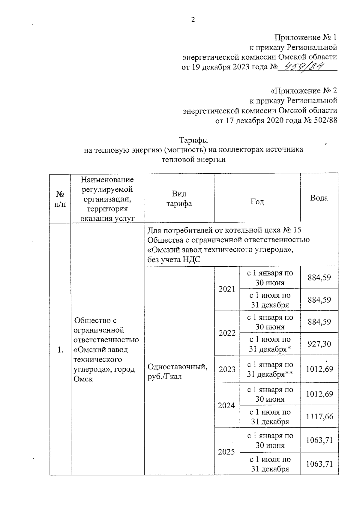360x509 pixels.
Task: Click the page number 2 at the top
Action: [x=193, y=20]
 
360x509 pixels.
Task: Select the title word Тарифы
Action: [x=193, y=140]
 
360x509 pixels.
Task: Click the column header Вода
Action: [x=319, y=198]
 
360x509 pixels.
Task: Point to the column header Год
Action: [x=257, y=202]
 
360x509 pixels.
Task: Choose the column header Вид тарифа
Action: [x=179, y=199]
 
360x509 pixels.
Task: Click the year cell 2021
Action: [x=227, y=289]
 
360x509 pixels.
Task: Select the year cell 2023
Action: [x=227, y=369]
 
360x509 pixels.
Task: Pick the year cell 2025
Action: [x=226, y=452]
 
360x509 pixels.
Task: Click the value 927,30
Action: [x=319, y=344]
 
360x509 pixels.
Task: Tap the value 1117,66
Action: [x=319, y=416]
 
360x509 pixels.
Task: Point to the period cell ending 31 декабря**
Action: [x=270, y=370]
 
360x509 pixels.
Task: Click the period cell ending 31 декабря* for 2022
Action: [x=270, y=344]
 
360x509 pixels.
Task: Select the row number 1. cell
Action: [x=61, y=350]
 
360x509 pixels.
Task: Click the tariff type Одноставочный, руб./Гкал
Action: [x=177, y=371]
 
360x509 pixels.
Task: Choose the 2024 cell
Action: [x=226, y=406]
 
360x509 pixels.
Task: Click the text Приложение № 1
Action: [x=306, y=37]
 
